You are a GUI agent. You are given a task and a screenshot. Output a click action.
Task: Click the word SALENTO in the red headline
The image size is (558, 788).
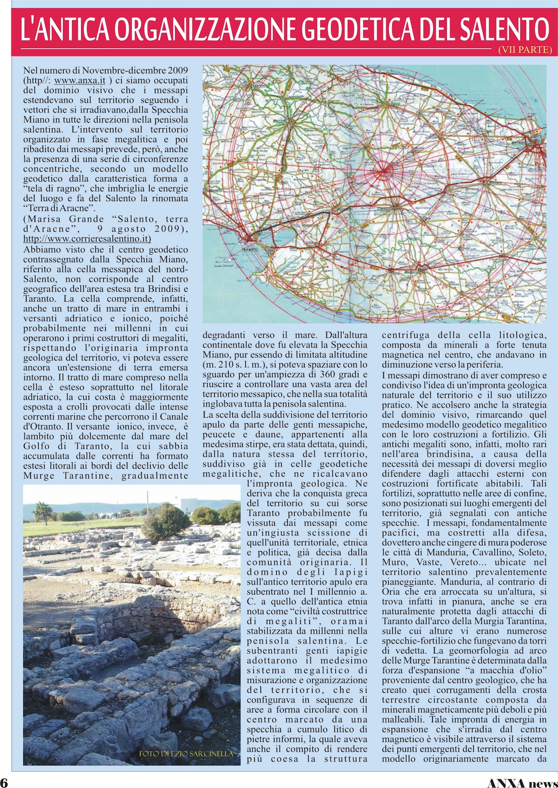tap(505, 29)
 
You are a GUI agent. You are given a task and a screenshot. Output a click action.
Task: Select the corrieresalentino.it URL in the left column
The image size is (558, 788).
tap(87, 239)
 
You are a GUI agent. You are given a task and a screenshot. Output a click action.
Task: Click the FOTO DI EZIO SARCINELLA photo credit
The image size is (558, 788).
tap(186, 754)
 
